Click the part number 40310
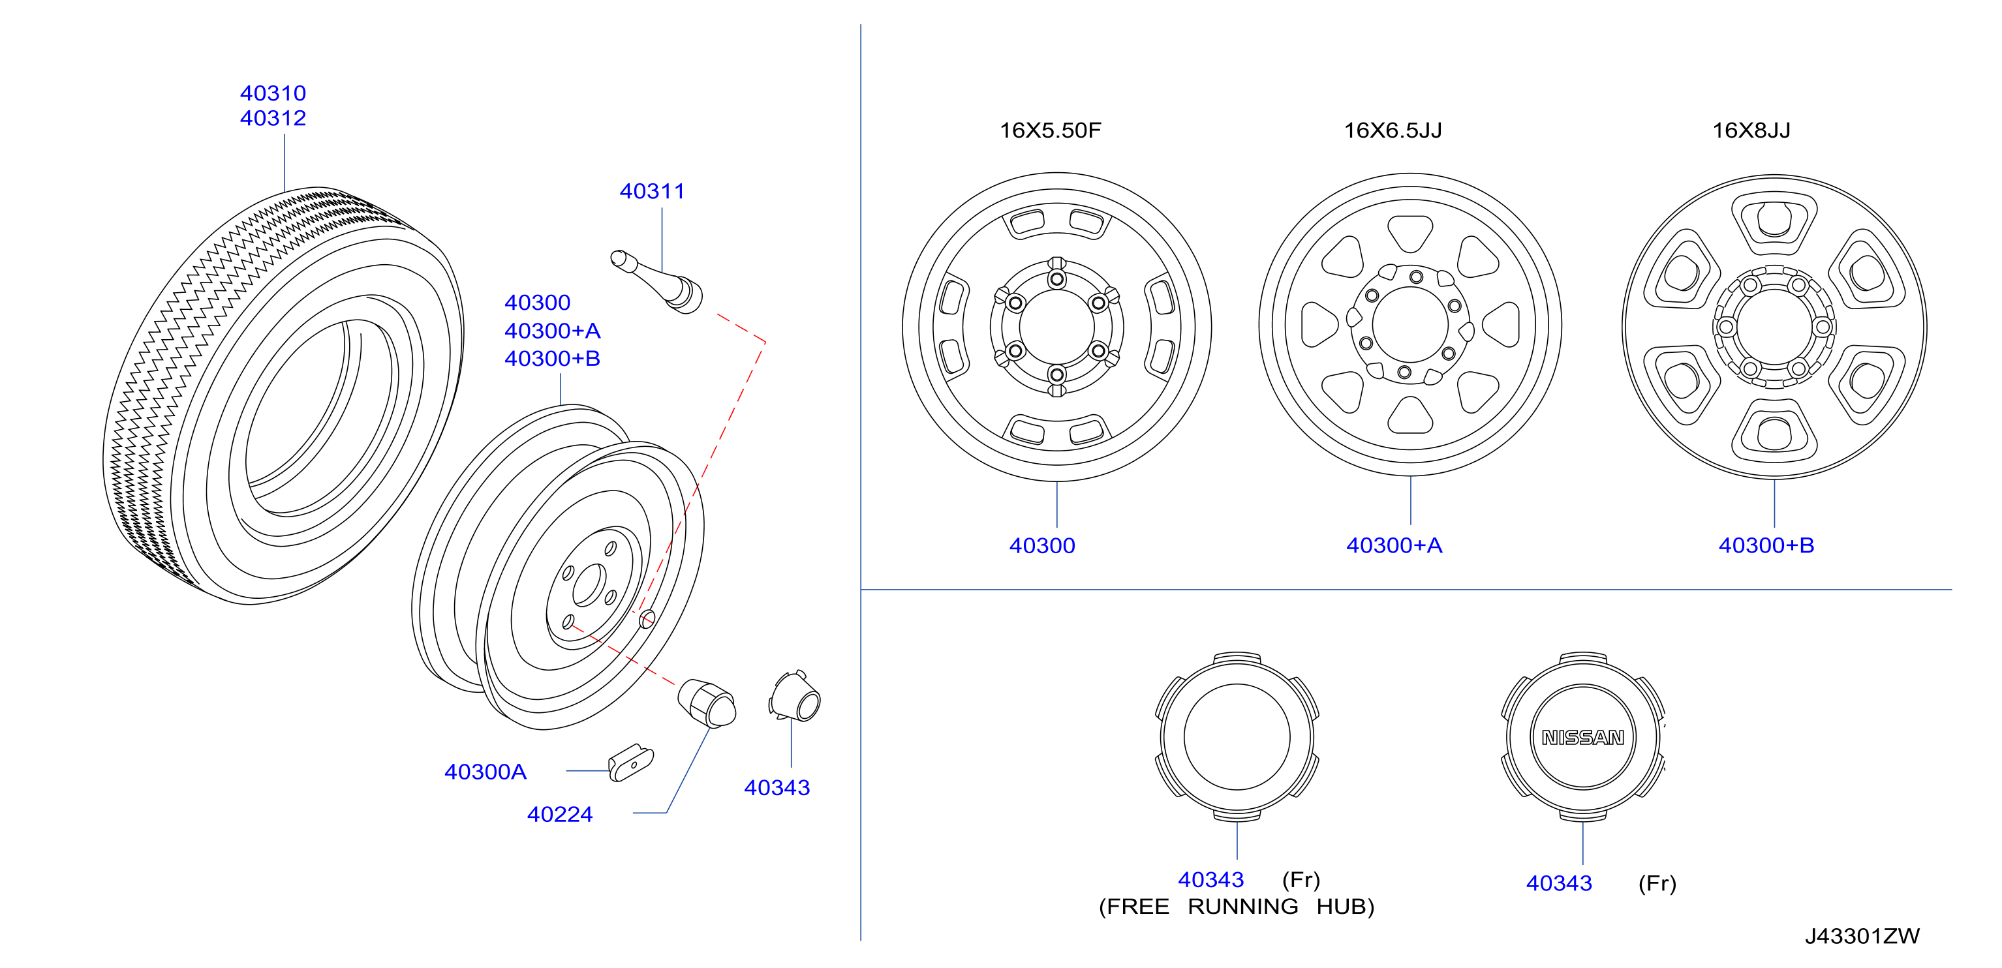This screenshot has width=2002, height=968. [273, 93]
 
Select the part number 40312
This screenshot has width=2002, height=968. [273, 118]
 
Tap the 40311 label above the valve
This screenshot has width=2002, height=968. [652, 191]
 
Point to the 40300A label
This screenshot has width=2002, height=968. [485, 772]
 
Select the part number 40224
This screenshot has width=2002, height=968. [560, 814]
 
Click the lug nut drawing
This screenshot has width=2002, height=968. [707, 703]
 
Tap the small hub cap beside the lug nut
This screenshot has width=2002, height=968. [795, 696]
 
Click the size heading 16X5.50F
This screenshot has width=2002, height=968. [1050, 130]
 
